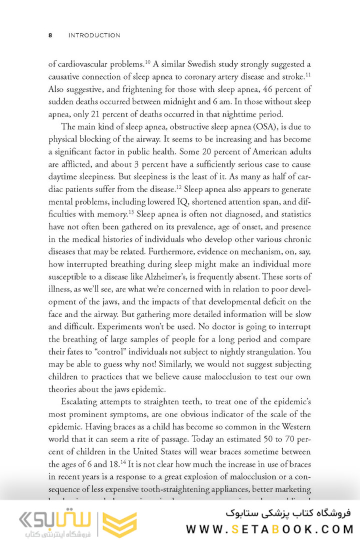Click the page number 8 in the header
tap(50, 35)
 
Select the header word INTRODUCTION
tap(94, 35)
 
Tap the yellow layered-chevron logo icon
tap(119, 524)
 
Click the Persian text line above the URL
tap(289, 513)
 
